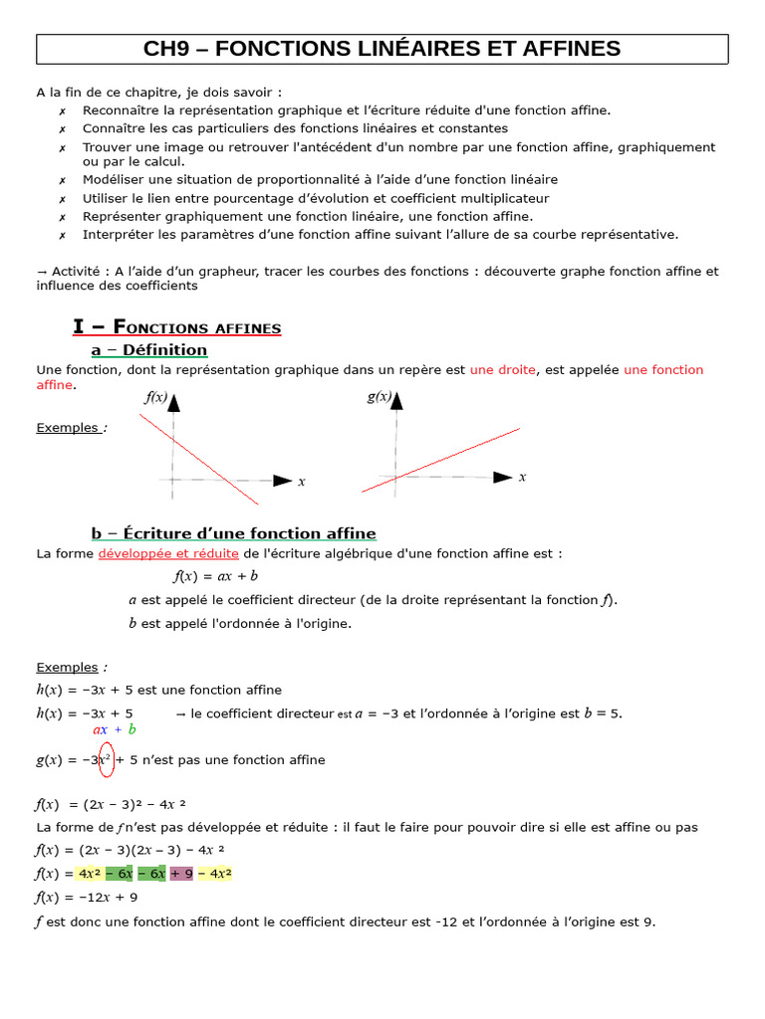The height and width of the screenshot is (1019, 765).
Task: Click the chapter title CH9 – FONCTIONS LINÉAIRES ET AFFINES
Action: tap(382, 49)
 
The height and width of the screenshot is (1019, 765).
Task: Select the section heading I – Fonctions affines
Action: tap(177, 327)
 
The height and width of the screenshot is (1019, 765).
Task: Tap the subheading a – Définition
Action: tap(149, 350)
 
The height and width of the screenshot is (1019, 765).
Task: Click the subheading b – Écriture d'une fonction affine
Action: tap(233, 533)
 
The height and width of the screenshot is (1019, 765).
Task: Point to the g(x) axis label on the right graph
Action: tap(379, 396)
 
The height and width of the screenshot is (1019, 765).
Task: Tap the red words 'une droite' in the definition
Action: tap(502, 370)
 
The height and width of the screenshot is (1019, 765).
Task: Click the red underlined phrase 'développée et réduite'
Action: tap(168, 554)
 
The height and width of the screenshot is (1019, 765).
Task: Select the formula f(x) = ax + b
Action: tap(216, 576)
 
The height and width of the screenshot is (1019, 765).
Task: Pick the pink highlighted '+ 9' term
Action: tap(181, 874)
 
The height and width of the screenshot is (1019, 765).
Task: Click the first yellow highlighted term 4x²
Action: tap(90, 874)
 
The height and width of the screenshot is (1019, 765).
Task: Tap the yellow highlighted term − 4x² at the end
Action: tap(214, 874)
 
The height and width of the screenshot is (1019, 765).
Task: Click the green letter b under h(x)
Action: tap(131, 729)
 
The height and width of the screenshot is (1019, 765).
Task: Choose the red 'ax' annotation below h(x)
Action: tap(100, 729)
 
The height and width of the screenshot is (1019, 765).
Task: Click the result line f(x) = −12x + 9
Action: tap(87, 898)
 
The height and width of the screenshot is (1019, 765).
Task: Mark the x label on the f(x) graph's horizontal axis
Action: tap(302, 482)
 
